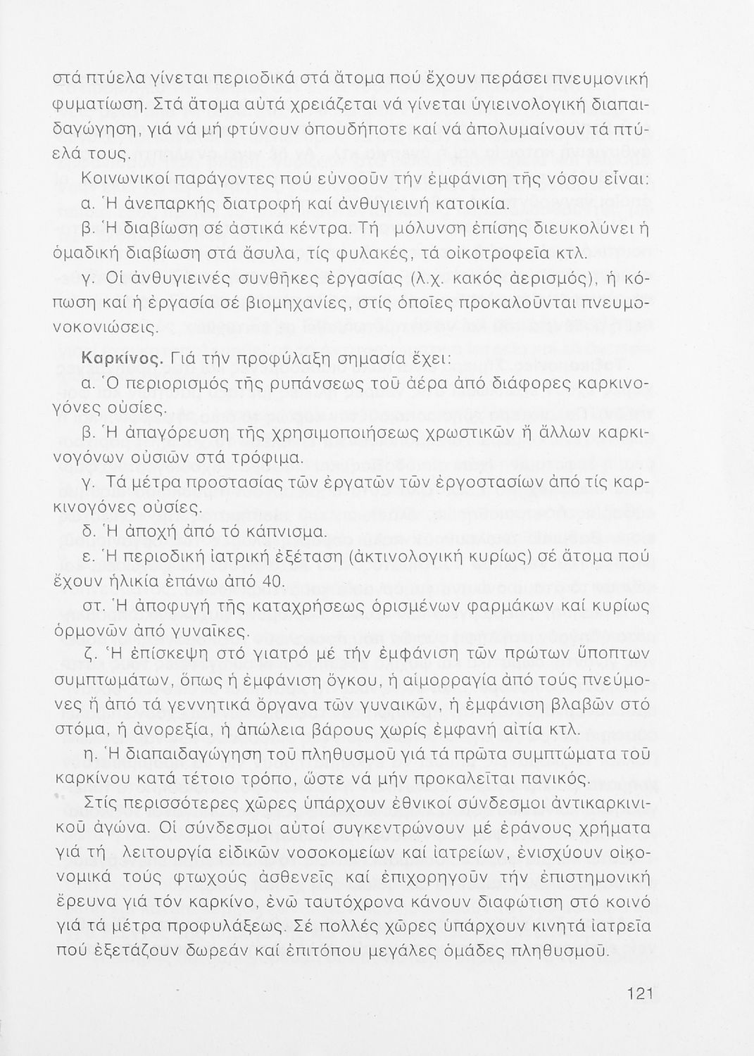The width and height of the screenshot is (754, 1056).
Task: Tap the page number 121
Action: (x=640, y=994)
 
